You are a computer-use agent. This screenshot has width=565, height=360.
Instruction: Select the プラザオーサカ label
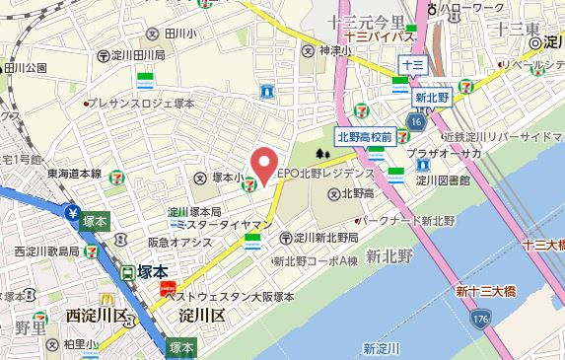[445, 155]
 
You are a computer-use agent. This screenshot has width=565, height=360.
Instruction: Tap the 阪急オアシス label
[180, 242]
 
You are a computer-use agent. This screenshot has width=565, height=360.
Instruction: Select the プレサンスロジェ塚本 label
[143, 102]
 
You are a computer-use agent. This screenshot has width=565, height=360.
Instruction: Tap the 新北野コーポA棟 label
[315, 261]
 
